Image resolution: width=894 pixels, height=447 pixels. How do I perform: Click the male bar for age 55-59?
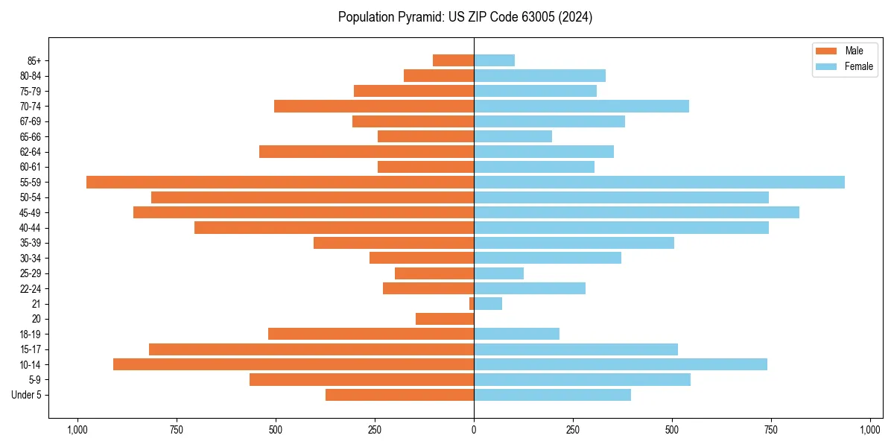(280, 183)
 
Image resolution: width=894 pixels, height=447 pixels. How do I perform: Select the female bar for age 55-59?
(659, 183)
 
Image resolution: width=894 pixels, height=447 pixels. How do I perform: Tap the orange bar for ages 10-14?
(294, 364)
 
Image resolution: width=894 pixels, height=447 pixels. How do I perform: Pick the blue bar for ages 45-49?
(636, 212)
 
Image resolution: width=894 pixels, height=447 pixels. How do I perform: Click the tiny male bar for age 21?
(472, 304)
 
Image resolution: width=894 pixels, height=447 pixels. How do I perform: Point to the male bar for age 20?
(445, 319)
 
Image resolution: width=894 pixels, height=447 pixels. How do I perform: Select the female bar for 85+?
(494, 60)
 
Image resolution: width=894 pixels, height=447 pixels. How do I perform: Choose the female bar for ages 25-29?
(498, 273)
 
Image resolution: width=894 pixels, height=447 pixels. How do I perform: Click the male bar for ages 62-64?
(367, 152)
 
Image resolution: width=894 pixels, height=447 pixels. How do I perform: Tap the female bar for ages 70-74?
(581, 107)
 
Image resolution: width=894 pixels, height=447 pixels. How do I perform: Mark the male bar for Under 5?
(399, 395)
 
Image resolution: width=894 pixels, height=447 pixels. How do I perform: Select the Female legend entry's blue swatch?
(826, 66)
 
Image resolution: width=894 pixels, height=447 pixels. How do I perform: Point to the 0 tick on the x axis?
(474, 430)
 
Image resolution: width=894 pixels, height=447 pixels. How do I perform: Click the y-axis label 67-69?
(31, 121)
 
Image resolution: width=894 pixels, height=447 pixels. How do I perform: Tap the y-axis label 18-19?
(31, 335)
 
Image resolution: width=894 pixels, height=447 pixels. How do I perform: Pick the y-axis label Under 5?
(27, 395)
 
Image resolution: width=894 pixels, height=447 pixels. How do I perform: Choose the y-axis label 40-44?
(31, 228)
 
